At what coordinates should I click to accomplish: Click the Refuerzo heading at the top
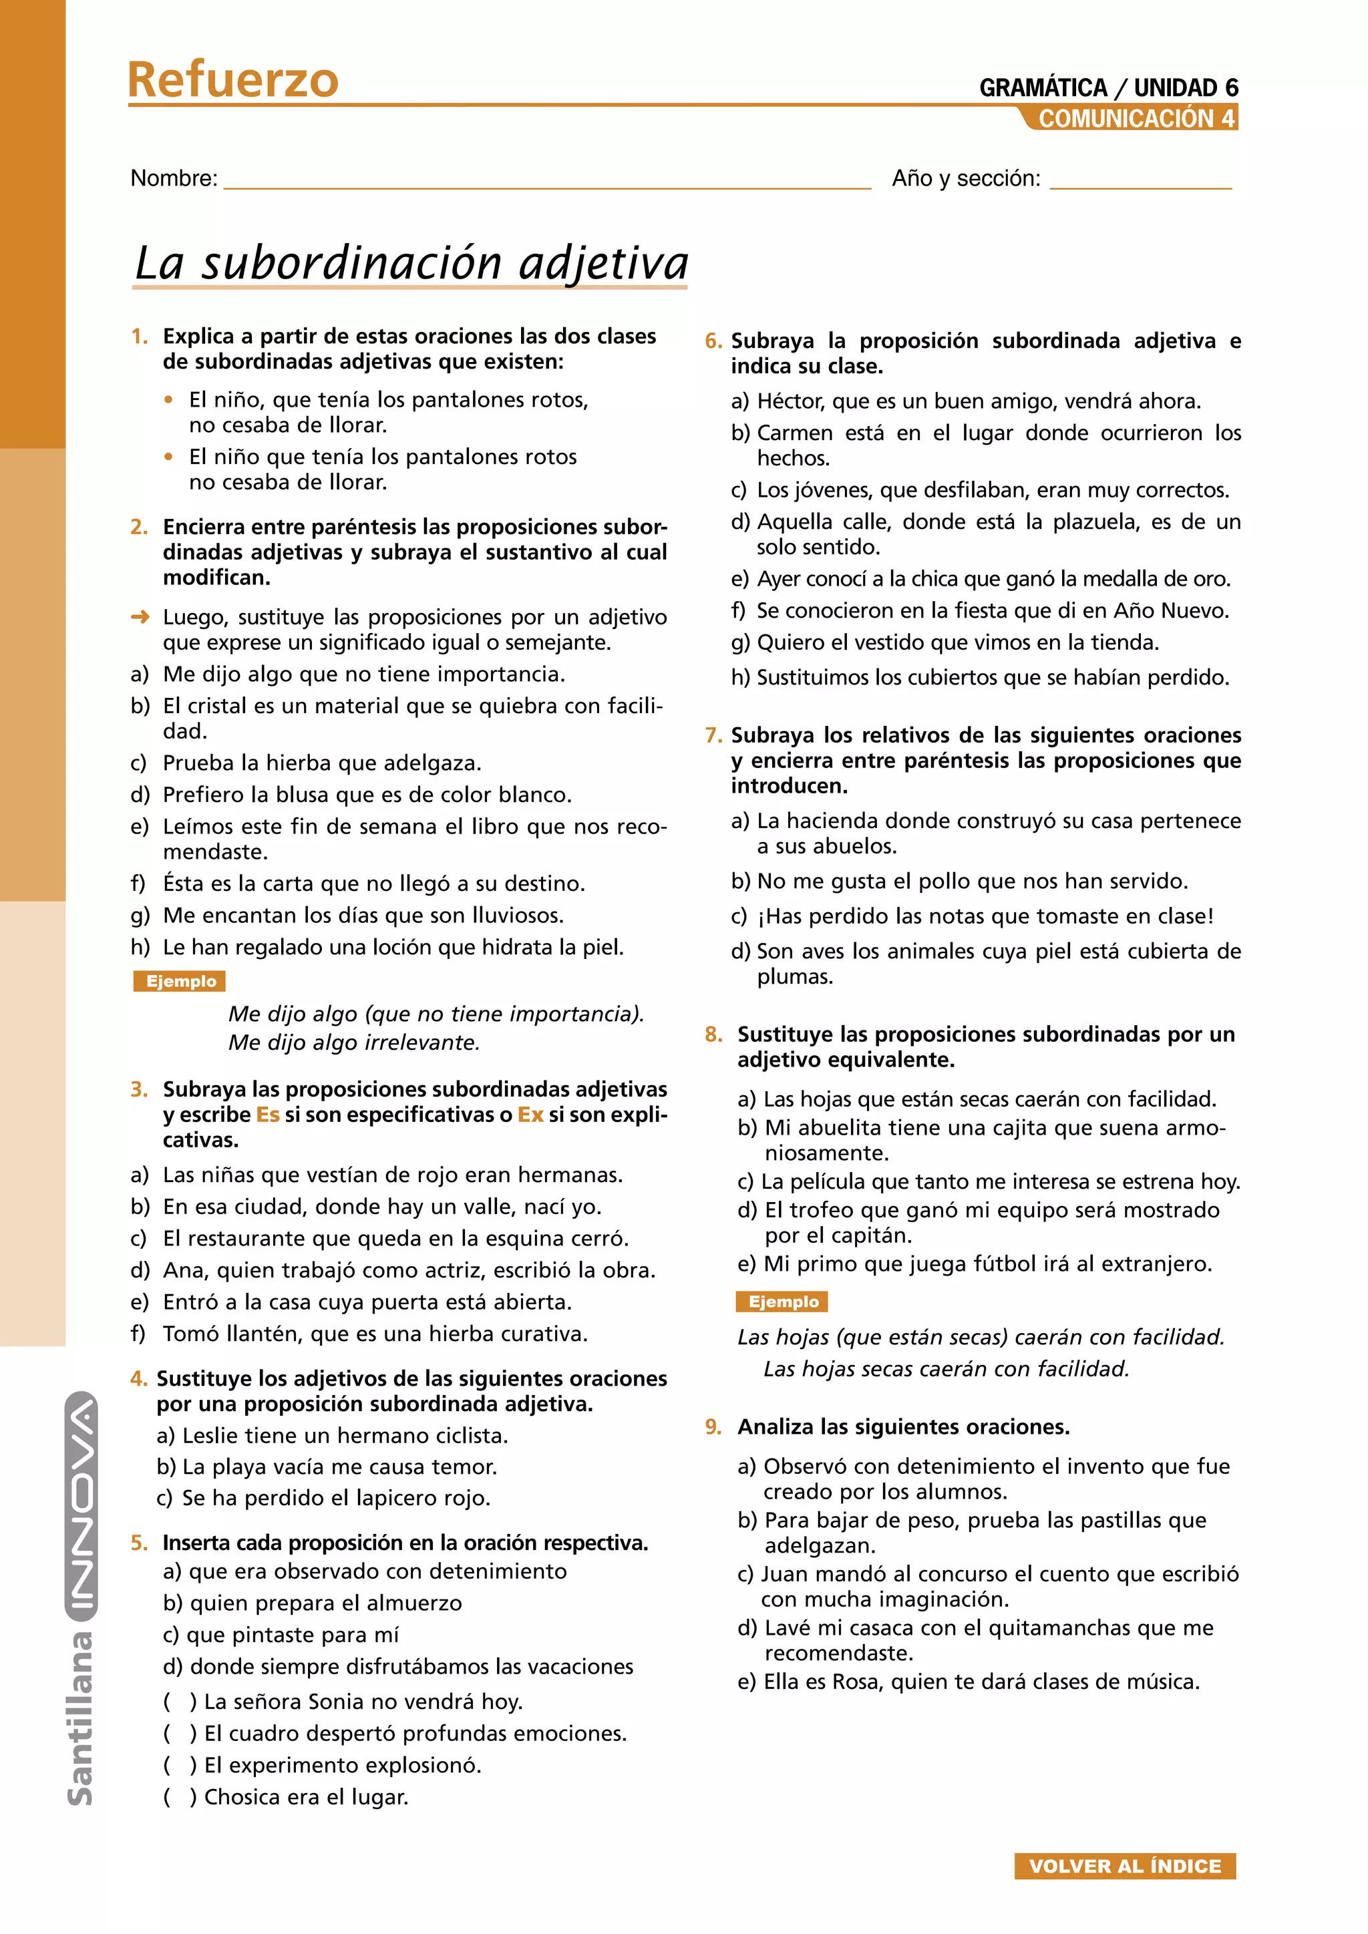pos(232,80)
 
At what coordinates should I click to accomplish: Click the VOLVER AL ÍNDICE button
pos(1125,1866)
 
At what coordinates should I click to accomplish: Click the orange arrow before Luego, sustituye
pos(140,616)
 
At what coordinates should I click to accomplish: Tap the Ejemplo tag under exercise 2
pos(180,981)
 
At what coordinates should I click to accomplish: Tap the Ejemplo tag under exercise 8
pos(783,1302)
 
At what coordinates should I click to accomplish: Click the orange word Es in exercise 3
pos(268,1115)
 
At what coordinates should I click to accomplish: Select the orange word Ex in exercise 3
pos(530,1115)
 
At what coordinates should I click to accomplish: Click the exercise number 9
pos(713,1427)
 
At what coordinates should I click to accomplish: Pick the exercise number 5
pos(139,1542)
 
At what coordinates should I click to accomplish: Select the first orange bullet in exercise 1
pos(169,400)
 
